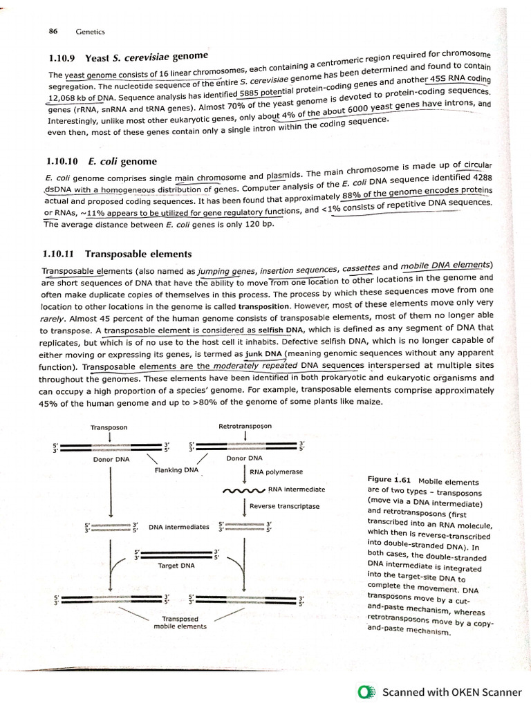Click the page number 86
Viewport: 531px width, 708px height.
(53, 30)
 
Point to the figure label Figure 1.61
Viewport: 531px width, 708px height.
(389, 478)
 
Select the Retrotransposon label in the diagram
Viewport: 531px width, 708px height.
(245, 427)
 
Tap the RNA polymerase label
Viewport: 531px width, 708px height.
(276, 473)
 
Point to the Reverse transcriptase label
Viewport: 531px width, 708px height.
(284, 506)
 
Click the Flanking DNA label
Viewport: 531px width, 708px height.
(176, 470)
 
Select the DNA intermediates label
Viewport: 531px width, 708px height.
(178, 527)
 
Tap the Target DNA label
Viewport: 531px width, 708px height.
(176, 566)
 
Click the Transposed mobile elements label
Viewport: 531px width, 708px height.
(180, 622)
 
